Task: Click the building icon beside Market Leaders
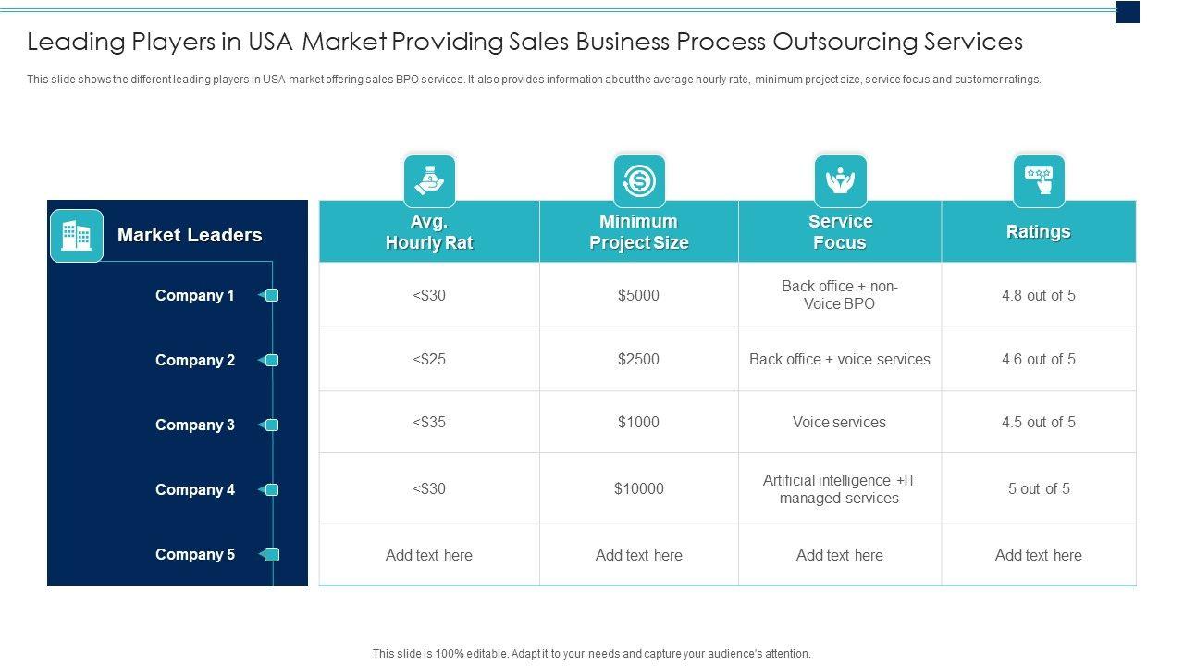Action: [76, 236]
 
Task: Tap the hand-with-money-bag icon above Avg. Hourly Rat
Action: [429, 180]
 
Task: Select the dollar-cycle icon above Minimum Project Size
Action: [639, 180]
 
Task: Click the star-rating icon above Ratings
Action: [1039, 180]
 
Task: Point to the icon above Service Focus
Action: [840, 180]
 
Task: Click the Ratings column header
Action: [1038, 232]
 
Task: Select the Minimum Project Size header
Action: [639, 232]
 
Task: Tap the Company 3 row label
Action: [194, 425]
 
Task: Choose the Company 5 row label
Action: [194, 555]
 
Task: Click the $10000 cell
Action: [639, 488]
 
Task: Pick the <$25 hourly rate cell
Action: [429, 359]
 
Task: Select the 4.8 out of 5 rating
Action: [1038, 296]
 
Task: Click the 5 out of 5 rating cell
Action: [1038, 488]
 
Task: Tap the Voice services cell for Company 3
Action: [839, 423]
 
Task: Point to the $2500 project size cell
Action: [639, 359]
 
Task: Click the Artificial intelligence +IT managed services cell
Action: [839, 489]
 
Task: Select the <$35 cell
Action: [429, 423]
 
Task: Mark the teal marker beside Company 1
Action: [271, 296]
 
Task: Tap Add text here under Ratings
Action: [1038, 556]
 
